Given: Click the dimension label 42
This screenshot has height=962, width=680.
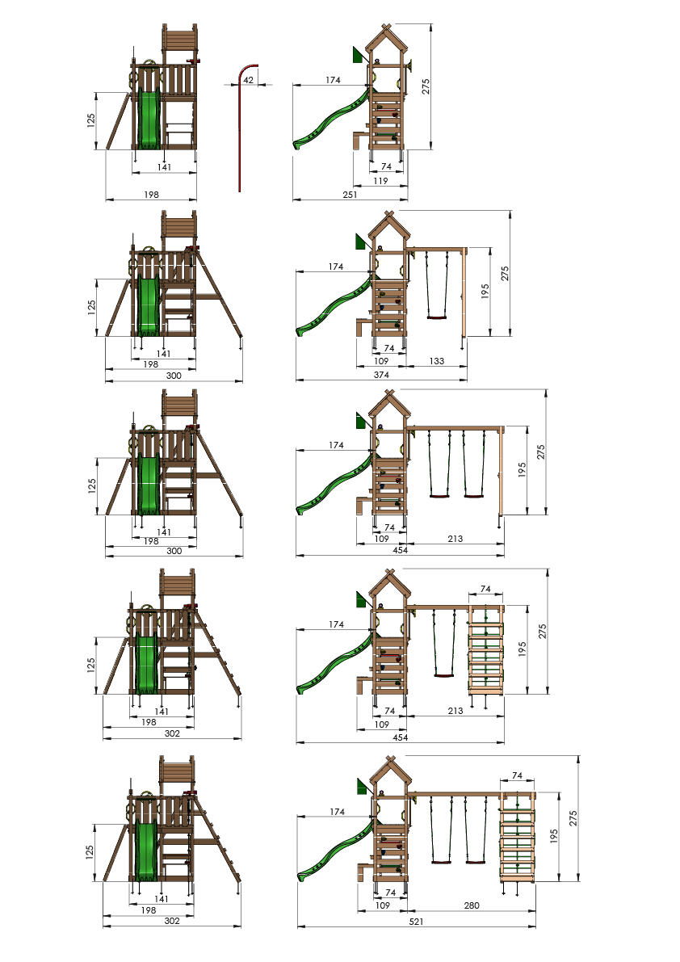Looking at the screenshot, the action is point(248,80).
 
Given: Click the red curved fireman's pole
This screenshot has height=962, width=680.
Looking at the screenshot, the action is point(240,129).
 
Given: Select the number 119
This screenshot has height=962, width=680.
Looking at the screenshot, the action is point(380,181).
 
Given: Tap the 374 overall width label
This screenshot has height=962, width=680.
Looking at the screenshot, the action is point(381,374).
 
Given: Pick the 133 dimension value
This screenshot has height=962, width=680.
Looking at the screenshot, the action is point(437,361).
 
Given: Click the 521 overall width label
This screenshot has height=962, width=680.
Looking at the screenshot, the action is point(416,922).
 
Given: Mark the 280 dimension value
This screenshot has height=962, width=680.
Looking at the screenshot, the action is point(472,905).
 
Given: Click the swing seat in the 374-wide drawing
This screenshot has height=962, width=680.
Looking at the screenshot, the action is point(437,317).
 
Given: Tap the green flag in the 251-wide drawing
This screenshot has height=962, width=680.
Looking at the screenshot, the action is point(358,55).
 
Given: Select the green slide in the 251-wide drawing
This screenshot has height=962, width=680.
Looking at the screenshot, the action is point(332,119).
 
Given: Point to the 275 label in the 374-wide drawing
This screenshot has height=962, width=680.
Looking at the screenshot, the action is point(505,274).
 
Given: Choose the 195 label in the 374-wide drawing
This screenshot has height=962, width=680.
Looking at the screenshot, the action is point(485,291).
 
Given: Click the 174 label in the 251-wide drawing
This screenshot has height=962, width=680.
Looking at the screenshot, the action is point(333,80).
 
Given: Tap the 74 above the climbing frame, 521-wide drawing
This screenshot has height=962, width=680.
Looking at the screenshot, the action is point(517,775).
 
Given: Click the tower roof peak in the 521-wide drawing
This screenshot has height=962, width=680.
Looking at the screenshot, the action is point(391,759).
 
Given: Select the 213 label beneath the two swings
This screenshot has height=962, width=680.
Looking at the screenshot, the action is point(455,539).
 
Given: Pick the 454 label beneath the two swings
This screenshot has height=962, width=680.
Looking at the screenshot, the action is point(400,550).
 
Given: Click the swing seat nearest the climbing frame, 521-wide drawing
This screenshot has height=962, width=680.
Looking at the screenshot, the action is point(475,863).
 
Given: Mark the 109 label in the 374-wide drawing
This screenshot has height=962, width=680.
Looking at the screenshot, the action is point(380,361).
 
